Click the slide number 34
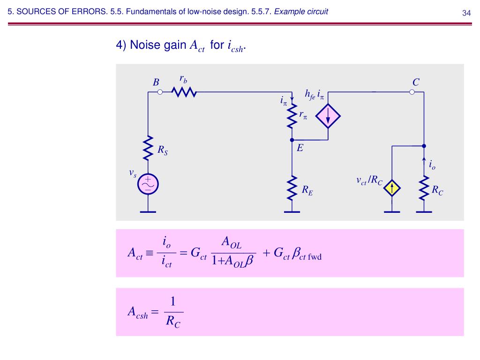(x=466, y=13)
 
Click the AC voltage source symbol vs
(x=148, y=185)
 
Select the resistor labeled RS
(x=148, y=148)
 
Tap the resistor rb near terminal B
(x=184, y=92)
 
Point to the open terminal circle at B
(x=160, y=92)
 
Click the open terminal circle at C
(x=412, y=92)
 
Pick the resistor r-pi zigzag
(x=292, y=116)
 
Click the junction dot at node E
(x=292, y=140)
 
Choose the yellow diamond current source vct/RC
(x=392, y=188)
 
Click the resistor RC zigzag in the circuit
(x=424, y=187)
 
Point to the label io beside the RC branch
(x=432, y=165)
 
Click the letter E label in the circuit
(x=300, y=148)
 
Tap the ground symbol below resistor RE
(x=292, y=211)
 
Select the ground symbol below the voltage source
(x=148, y=211)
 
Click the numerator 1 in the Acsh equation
(x=173, y=301)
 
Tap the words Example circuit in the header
(x=301, y=12)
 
